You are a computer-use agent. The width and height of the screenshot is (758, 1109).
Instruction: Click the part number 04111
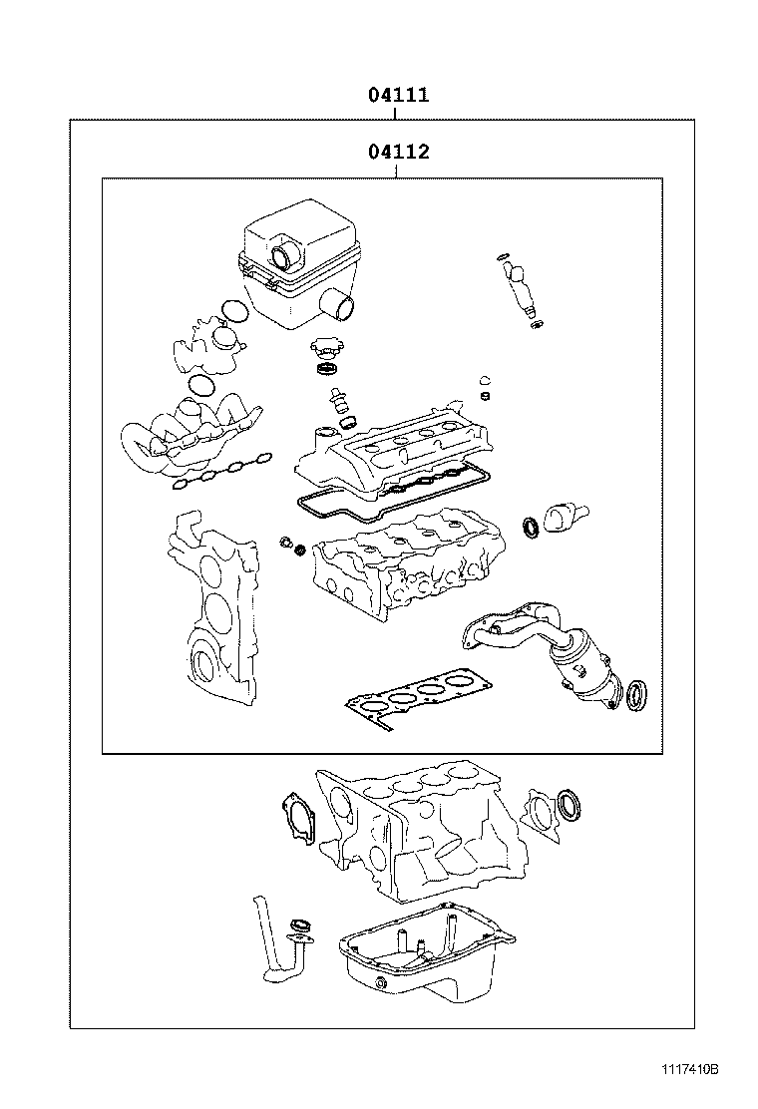(398, 96)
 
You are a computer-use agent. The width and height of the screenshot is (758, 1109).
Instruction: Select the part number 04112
(398, 153)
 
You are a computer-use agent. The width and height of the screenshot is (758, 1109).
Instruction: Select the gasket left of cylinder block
(298, 818)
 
